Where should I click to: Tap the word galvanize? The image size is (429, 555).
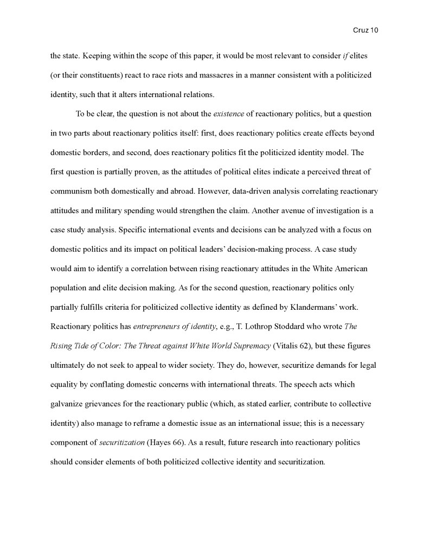(67, 404)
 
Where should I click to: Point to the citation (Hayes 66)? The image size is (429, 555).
(166, 442)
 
